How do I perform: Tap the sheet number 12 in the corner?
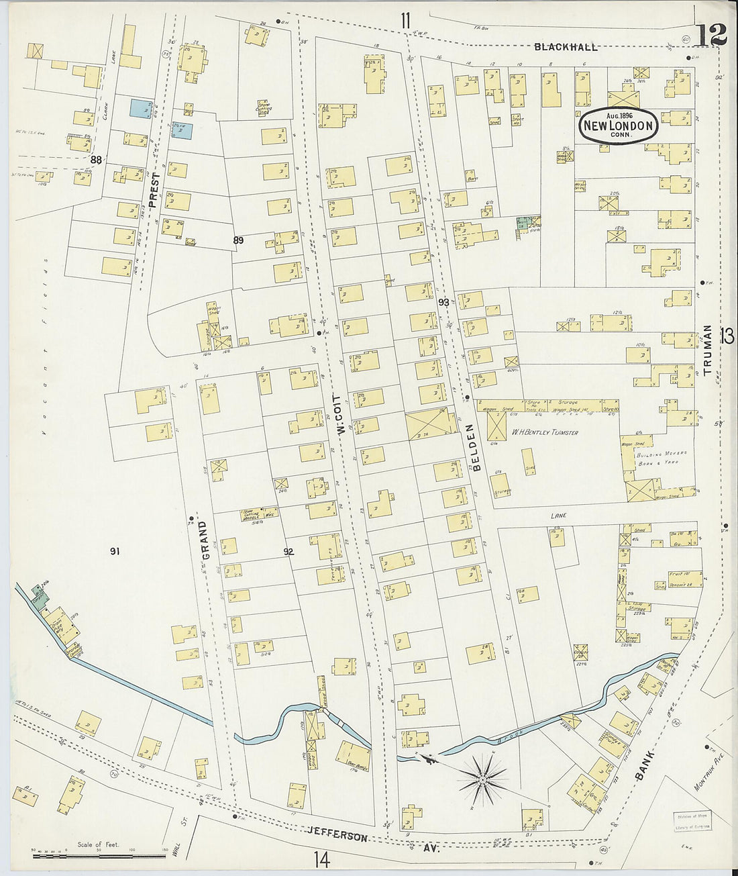click(x=711, y=36)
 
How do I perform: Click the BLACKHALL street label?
click(x=565, y=47)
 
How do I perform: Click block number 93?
click(x=443, y=303)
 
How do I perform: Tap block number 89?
click(x=238, y=240)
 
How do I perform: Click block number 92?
click(x=289, y=552)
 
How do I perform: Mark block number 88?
click(x=97, y=160)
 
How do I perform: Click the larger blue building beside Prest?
click(x=141, y=109)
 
